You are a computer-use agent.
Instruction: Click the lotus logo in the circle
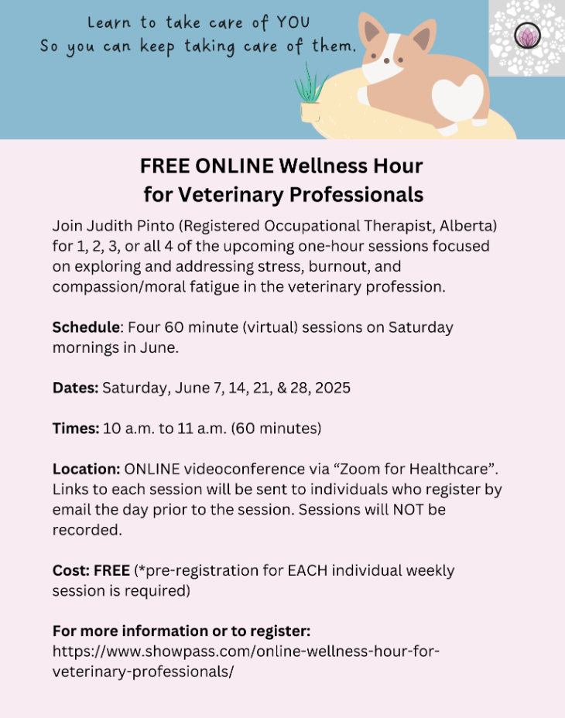point(527,36)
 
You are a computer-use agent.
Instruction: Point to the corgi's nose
point(387,60)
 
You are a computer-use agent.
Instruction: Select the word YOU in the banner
point(293,22)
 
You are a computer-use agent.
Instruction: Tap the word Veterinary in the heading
point(231,195)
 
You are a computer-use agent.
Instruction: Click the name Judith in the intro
point(108,226)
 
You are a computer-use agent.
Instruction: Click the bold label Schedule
point(87,327)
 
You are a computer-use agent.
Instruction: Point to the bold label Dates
point(75,388)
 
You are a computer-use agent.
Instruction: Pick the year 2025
point(333,388)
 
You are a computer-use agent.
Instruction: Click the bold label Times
point(76,429)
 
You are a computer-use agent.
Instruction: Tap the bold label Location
point(86,469)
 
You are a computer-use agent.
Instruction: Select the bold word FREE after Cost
point(111,570)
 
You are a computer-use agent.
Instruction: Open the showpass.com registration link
point(245,662)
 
